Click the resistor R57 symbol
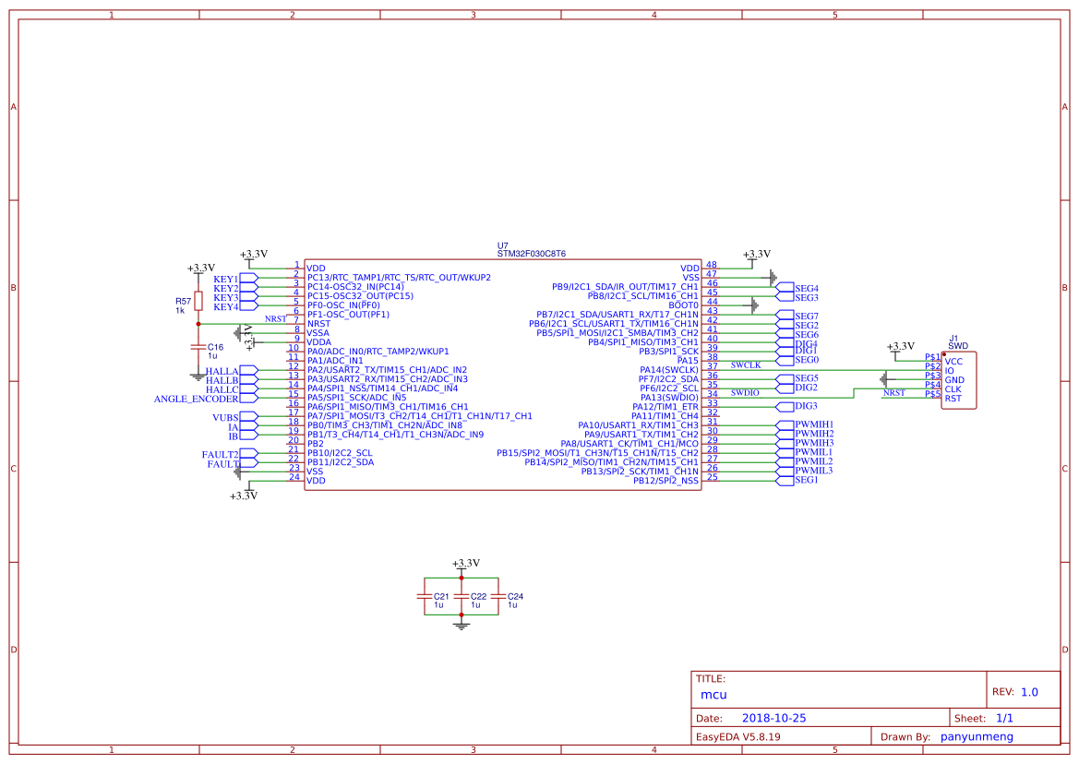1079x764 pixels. (198, 302)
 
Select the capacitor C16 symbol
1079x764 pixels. (198, 347)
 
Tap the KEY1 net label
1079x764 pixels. (226, 279)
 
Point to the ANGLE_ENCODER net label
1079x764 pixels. (196, 400)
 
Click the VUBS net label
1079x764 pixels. (225, 417)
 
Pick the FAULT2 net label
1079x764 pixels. (220, 454)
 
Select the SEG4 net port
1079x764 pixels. (806, 288)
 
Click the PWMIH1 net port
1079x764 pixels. (813, 424)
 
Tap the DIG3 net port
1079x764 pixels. (806, 406)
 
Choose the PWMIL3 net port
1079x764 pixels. (813, 471)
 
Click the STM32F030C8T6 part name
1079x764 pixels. (532, 253)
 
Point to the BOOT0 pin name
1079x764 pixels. (683, 305)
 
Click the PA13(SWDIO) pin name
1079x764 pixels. (669, 398)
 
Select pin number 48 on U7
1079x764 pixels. (712, 266)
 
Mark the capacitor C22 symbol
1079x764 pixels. (462, 597)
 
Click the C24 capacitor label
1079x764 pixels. (515, 596)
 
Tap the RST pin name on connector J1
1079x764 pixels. (953, 399)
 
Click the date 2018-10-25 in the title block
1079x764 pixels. (773, 718)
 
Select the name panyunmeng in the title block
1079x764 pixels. (976, 736)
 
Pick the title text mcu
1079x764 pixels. (713, 694)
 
